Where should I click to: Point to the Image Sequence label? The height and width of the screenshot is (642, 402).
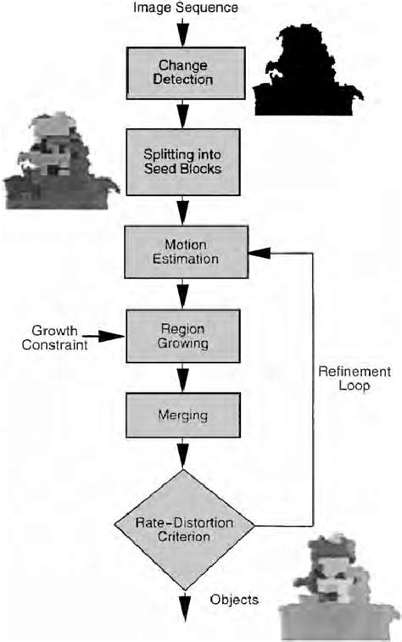coord(184,8)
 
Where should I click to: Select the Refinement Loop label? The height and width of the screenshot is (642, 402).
coord(355,378)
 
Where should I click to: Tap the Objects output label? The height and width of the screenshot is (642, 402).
coord(234,600)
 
